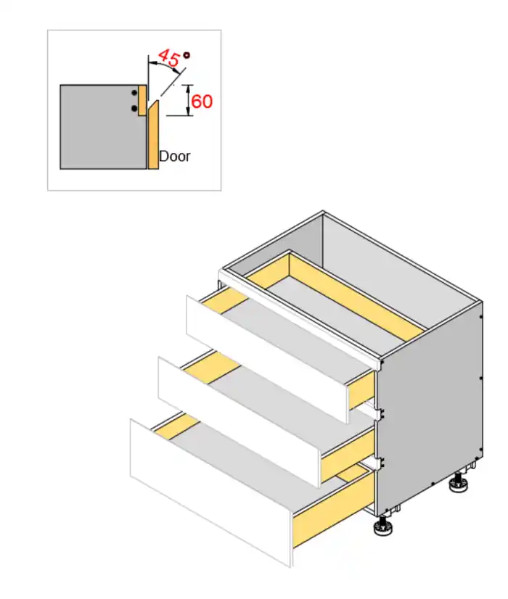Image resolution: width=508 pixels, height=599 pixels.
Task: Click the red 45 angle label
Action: pyautogui.click(x=168, y=57)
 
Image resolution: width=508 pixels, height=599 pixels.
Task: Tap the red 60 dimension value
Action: pyautogui.click(x=202, y=102)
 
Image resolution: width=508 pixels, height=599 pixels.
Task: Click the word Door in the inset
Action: pyautogui.click(x=174, y=156)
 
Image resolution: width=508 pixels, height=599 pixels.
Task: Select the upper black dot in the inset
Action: pyautogui.click(x=134, y=93)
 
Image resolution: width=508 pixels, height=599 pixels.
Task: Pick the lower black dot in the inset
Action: pyautogui.click(x=134, y=109)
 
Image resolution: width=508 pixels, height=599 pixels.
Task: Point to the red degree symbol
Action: pyautogui.click(x=187, y=55)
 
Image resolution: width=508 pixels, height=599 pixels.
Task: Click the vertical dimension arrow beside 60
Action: pyautogui.click(x=189, y=100)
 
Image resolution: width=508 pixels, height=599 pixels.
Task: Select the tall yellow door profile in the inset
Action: pyautogui.click(x=153, y=135)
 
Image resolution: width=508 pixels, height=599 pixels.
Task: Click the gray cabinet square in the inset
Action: pyautogui.click(x=103, y=127)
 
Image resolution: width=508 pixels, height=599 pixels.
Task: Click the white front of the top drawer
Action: pyautogui.click(x=267, y=359)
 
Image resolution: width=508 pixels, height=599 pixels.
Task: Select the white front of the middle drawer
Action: pyautogui.click(x=239, y=422)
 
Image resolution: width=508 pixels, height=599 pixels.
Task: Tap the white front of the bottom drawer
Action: pyautogui.click(x=211, y=494)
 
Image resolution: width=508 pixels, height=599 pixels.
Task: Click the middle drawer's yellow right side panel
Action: pyautogui.click(x=347, y=454)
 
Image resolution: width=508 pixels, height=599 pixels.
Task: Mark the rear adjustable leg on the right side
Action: pyautogui.click(x=458, y=483)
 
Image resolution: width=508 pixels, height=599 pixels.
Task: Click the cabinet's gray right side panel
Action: pyautogui.click(x=429, y=408)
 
